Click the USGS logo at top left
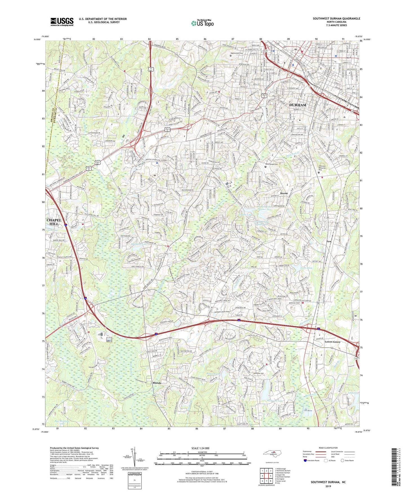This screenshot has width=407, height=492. (x=62, y=22)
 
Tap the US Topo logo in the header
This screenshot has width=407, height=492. (x=202, y=23)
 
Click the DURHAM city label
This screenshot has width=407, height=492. (x=298, y=105)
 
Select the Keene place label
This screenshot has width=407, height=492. (x=284, y=193)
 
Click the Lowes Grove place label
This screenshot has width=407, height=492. (x=333, y=342)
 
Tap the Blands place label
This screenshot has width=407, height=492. (x=157, y=383)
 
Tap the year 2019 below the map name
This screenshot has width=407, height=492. (x=328, y=486)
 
